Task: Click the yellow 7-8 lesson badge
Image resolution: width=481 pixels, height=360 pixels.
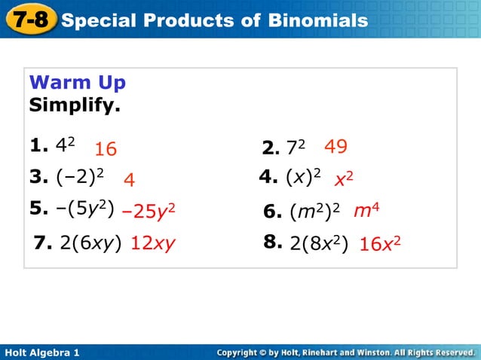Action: point(29,18)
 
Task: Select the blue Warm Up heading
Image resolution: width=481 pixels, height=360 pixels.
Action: point(77,82)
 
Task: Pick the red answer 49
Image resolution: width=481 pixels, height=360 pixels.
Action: point(335,146)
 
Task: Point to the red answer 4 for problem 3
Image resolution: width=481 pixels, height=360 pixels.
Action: point(129,182)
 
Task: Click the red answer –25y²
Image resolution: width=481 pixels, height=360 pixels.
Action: point(149,212)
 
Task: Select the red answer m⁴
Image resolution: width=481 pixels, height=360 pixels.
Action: point(366,211)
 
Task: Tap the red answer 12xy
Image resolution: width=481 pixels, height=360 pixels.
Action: point(153,244)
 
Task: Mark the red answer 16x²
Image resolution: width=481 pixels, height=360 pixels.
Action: point(379,244)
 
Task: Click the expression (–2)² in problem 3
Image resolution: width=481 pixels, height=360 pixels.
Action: point(78,178)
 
